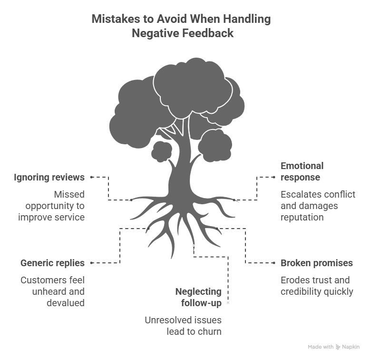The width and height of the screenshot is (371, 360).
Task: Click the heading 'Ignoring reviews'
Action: click(x=49, y=177)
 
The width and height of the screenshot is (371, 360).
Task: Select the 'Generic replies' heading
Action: click(x=52, y=263)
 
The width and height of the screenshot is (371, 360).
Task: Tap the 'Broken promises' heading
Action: click(x=317, y=263)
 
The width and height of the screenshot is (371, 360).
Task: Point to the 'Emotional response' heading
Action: click(x=302, y=171)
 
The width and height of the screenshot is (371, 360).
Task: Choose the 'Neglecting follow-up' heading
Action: click(x=198, y=297)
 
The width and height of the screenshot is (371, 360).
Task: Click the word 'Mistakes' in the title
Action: click(x=116, y=19)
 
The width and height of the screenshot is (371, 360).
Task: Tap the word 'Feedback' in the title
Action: click(x=208, y=33)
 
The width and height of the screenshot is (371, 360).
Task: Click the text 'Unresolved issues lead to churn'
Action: click(x=183, y=326)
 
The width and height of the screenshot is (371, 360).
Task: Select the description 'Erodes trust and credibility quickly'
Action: click(x=317, y=286)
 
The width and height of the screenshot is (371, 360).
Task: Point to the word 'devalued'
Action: click(x=66, y=303)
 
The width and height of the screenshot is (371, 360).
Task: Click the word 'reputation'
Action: click(x=302, y=217)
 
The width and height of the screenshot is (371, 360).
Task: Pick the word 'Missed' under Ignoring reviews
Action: click(x=69, y=194)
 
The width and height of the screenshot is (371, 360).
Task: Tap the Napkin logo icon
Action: click(x=338, y=347)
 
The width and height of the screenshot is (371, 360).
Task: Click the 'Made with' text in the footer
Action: click(x=321, y=347)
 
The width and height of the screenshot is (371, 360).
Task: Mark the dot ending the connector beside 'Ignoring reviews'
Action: click(x=92, y=177)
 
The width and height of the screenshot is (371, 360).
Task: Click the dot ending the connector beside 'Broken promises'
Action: click(x=274, y=263)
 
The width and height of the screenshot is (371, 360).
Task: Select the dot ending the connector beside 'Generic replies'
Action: click(x=92, y=263)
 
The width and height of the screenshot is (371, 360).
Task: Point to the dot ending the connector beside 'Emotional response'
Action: click(x=274, y=177)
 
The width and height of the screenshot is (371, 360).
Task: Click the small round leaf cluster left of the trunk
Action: click(x=162, y=151)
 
